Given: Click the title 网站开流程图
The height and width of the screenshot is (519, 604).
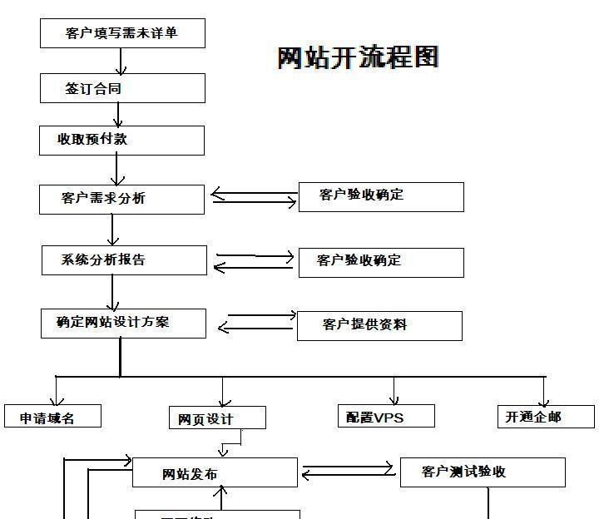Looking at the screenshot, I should [358, 57].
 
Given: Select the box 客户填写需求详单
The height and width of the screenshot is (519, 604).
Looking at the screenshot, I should [122, 33].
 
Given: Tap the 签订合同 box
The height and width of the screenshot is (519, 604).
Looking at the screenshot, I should [122, 88].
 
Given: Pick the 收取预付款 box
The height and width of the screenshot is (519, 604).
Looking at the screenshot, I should [122, 140].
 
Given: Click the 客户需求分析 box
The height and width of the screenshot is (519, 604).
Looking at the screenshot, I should [121, 199].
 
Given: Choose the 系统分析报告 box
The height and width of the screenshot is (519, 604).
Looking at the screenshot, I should [124, 259].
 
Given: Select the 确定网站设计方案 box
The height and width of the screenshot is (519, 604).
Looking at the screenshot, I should [123, 323].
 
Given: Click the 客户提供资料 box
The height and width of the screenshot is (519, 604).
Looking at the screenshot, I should [379, 325].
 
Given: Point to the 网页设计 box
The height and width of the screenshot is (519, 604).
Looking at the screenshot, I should [217, 418].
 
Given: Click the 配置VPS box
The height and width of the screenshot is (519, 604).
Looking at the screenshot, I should [387, 416].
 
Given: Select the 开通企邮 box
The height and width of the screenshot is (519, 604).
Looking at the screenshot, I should [544, 416].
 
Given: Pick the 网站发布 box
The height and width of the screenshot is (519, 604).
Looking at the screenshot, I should [215, 472].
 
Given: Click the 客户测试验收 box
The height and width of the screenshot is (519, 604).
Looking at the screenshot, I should [483, 472].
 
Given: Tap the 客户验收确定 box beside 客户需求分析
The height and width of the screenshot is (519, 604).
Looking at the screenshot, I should [381, 196].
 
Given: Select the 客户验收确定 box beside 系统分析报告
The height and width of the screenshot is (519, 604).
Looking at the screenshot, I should [379, 261].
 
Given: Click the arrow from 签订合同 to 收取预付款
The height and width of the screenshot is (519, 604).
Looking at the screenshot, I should [118, 115].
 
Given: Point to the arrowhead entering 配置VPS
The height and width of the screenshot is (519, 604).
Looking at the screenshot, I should [394, 398].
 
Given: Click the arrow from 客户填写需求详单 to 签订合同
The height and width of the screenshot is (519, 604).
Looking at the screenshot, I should [122, 61].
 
